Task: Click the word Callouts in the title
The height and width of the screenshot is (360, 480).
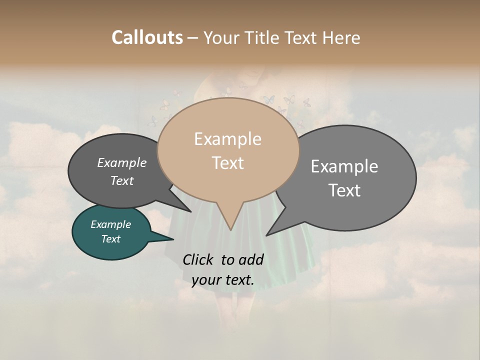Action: coord(147,37)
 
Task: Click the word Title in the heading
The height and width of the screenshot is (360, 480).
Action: coord(263,37)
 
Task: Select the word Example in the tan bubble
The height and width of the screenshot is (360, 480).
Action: coord(227,139)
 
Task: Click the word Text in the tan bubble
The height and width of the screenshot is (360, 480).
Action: coord(228,163)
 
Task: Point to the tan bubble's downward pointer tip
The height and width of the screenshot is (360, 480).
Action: coord(230,229)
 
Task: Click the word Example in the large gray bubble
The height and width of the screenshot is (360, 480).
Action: coord(344,166)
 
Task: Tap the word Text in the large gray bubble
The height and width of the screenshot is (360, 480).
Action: coord(344,190)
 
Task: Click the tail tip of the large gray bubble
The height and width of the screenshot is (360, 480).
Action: coord(266,235)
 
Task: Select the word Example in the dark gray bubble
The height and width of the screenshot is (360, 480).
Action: coord(122,162)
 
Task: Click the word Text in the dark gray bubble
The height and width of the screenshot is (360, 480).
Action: coord(122,180)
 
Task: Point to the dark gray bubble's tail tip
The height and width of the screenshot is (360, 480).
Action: coord(190,211)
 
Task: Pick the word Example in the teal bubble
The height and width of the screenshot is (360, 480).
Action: coord(110,224)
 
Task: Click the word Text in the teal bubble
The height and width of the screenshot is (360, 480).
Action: coord(110,239)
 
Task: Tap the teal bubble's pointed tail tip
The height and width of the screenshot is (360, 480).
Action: coord(173,239)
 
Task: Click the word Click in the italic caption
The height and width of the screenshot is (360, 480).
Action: coord(199,259)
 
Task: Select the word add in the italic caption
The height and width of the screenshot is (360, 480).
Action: coord(251,259)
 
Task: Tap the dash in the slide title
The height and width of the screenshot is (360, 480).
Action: coord(193,38)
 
